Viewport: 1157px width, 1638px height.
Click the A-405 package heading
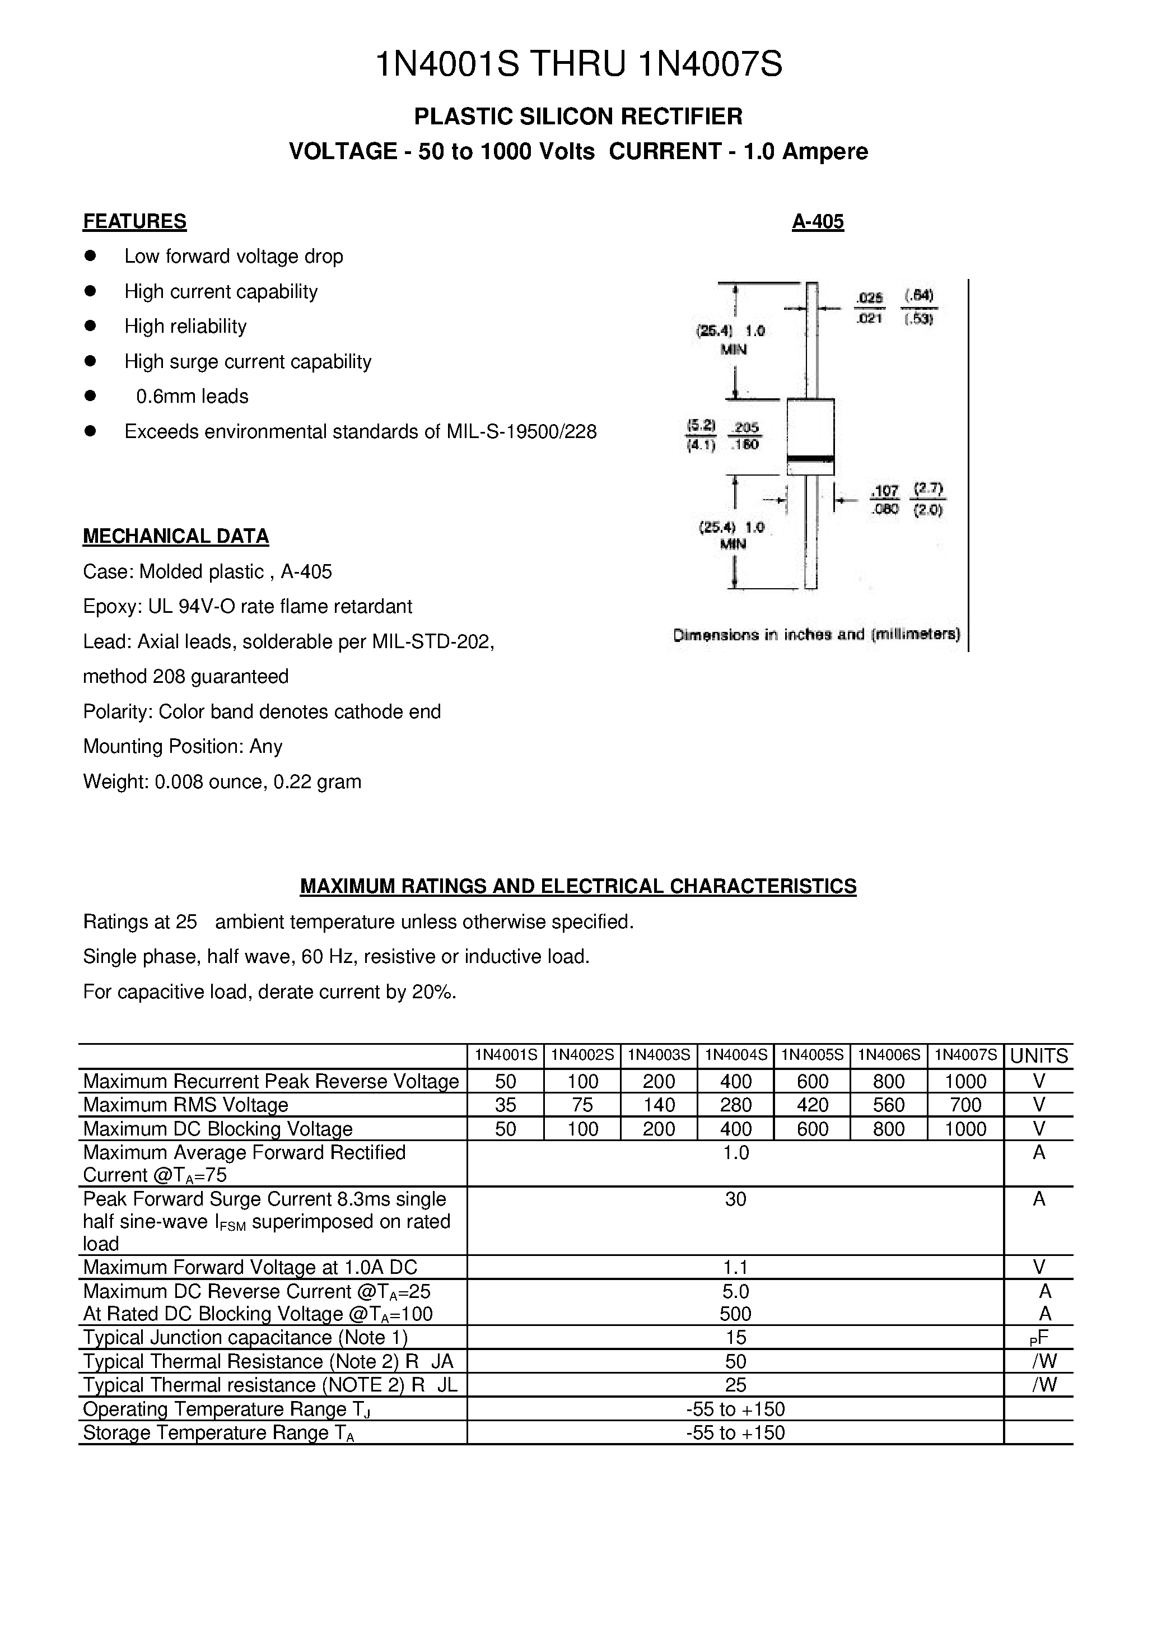coord(818,222)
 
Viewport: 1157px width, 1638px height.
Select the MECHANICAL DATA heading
coord(175,537)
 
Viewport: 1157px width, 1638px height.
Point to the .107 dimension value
coord(885,491)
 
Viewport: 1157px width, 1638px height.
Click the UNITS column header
coord(1039,1056)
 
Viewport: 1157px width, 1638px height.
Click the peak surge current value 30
coord(735,1199)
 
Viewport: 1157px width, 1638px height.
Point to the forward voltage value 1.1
coord(735,1268)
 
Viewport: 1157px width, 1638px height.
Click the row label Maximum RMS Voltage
coord(185,1105)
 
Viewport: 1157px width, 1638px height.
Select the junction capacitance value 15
coord(735,1338)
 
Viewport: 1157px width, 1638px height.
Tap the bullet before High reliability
coord(90,326)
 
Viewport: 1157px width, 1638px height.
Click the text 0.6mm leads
coord(192,397)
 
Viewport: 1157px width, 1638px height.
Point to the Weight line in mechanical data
coord(222,782)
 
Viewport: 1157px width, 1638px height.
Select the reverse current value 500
coord(735,1314)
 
